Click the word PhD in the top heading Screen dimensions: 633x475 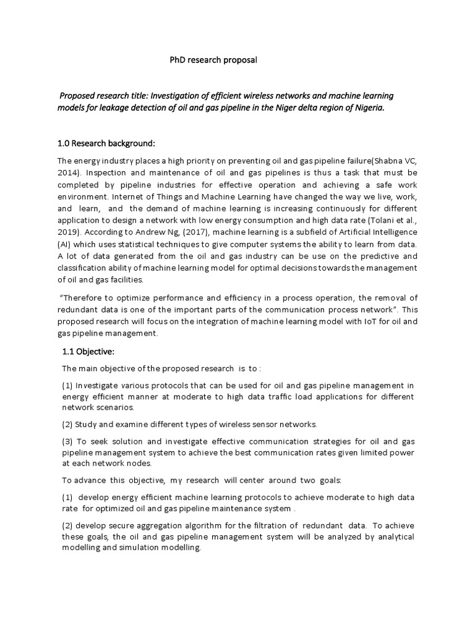(x=178, y=60)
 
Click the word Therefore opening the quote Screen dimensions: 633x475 (x=85, y=297)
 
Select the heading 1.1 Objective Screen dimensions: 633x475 (x=90, y=352)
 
